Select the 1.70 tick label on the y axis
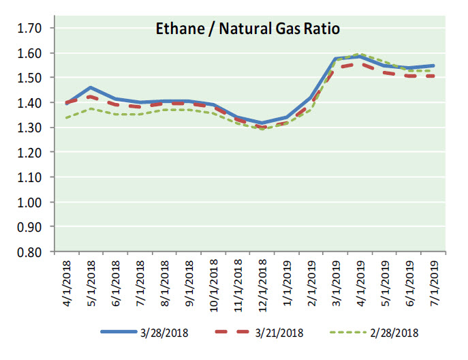point(29,28)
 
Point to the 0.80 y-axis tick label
point(29,252)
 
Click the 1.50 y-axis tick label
point(29,78)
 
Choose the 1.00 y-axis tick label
point(29,202)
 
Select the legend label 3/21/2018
point(279,333)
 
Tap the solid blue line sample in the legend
point(122,332)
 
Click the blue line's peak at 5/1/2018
point(91,87)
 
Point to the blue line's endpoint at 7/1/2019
point(434,66)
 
